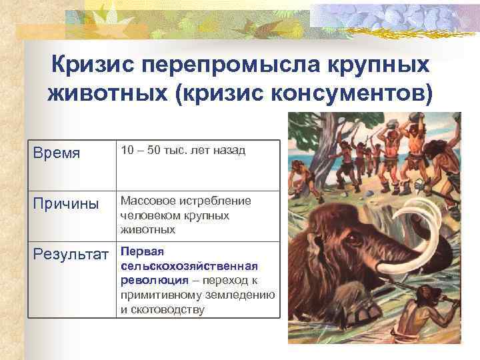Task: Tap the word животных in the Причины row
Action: click(x=147, y=230)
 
